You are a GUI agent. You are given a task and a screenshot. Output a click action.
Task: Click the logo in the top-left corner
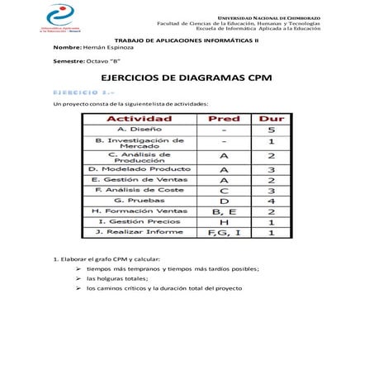pos(58,17)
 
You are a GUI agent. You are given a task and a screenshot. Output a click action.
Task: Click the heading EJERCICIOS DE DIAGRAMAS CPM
pos(186,77)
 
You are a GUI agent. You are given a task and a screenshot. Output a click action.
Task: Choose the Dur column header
pos(271,119)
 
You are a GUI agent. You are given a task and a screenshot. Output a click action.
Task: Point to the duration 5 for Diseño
pos(271,130)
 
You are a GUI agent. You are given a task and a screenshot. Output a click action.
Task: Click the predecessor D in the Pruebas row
pos(224,200)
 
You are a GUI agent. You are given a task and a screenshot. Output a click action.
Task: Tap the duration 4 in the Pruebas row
pos(271,200)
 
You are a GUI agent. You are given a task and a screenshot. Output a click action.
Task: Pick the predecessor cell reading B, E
pos(224,211)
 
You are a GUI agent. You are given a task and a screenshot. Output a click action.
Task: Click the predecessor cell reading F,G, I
pos(224,233)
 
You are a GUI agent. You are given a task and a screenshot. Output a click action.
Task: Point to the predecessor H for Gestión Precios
pos(224,222)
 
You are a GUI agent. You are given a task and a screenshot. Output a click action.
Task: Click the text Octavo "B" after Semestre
pos(105,62)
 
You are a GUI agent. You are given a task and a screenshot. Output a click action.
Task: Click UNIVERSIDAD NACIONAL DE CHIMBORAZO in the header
pos(269,17)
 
